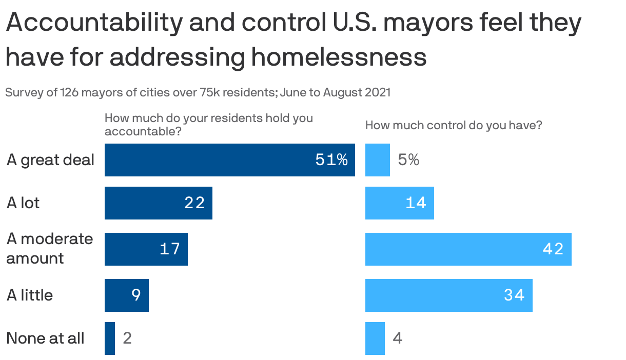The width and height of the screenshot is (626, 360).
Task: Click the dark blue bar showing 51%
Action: pos(229,160)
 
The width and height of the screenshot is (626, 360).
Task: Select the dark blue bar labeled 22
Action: pos(158,203)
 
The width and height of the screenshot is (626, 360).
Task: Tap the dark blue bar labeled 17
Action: pos(146,249)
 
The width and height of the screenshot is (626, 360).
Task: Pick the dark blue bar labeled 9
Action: pos(126,295)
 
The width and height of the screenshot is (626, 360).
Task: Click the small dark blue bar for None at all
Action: pos(110,338)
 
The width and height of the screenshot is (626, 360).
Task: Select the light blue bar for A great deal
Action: pos(377,160)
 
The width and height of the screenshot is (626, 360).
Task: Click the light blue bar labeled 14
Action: pos(399,203)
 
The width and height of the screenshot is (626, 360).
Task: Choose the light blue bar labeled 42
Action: pos(468,249)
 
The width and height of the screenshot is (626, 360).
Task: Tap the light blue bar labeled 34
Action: pos(448,295)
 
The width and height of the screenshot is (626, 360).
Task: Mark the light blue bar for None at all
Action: pos(375,338)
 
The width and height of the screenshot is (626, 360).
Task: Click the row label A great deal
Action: pos(50,160)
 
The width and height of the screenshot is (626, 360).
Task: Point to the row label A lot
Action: pos(23,203)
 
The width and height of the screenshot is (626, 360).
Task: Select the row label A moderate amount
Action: pos(49,249)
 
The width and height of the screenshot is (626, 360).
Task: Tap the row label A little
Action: pos(30,295)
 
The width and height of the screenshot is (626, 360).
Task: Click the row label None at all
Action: pos(45,338)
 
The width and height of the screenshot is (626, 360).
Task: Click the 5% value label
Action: pos(408,160)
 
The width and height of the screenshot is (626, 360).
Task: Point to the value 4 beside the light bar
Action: pos(397,338)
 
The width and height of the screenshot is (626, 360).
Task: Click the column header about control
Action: pos(454,125)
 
